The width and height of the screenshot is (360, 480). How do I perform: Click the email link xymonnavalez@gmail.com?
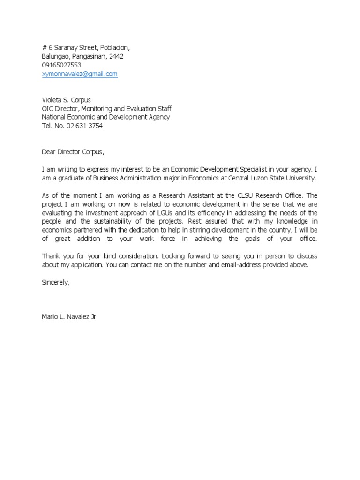tap(80, 74)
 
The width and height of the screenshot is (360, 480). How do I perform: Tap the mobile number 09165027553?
tap(61, 65)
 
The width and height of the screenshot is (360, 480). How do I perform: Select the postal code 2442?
tap(116, 56)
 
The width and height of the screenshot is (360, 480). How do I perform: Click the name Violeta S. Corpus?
tap(67, 100)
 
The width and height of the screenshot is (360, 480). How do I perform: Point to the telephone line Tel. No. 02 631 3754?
tap(72, 126)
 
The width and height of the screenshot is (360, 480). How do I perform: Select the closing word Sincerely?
tap(55, 283)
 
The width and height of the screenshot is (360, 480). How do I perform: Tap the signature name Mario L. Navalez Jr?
tap(70, 317)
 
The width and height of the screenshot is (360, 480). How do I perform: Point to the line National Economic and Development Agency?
tap(106, 117)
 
